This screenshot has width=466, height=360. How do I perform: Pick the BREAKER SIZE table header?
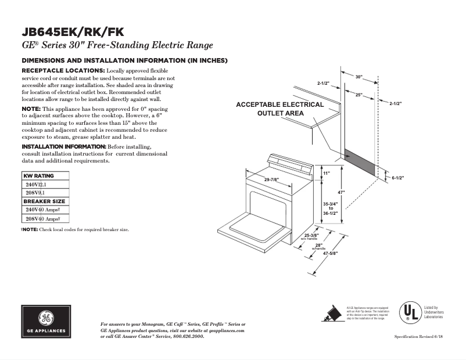point(45,201)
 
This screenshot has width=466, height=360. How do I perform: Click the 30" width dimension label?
point(359,77)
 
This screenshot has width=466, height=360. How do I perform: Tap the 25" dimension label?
point(359,94)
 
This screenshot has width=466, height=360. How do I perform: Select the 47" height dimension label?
point(342,192)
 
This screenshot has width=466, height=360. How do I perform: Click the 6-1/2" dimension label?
point(397,178)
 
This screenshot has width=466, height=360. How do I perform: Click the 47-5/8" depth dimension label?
point(330,254)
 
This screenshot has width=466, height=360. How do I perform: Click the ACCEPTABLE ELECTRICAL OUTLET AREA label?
point(279,109)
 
